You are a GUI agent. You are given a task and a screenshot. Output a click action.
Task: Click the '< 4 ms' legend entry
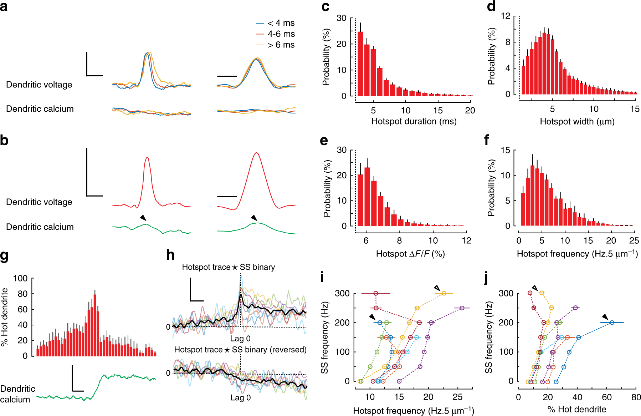point(281,23)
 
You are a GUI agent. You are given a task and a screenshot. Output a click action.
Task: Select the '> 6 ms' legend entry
point(281,45)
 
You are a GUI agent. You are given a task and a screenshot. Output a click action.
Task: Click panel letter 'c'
point(325,6)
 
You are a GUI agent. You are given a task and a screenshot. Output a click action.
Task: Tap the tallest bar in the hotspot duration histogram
point(360,64)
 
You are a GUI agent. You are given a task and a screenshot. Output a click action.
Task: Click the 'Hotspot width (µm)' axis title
point(577,122)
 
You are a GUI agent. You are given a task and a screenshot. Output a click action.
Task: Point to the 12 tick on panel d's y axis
point(505,16)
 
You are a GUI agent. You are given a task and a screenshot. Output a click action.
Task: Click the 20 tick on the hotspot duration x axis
point(470,111)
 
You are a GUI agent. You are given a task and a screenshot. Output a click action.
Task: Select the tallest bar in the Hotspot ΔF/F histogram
point(367,196)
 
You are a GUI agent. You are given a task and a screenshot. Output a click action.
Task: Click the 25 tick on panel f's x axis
point(634,241)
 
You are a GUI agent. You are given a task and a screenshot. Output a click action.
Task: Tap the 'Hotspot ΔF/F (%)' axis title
point(410,254)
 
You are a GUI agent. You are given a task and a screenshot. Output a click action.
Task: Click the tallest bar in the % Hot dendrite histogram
point(95,325)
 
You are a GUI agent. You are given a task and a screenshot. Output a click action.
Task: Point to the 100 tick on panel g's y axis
point(20,278)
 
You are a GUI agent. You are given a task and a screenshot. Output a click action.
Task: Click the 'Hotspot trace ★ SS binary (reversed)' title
point(240,350)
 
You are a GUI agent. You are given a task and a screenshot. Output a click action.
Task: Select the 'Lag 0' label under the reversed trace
point(240,397)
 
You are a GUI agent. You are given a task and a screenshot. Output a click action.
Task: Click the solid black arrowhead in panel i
point(372,317)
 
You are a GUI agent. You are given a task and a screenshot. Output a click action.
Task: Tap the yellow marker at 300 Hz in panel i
point(444,293)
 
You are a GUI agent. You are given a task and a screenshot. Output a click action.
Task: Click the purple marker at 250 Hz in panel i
point(462,308)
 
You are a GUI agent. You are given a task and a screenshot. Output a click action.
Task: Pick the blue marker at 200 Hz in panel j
point(612,323)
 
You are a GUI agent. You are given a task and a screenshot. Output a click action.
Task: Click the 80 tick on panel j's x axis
point(636,397)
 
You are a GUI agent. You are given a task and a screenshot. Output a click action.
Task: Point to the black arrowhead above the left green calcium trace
point(143,218)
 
